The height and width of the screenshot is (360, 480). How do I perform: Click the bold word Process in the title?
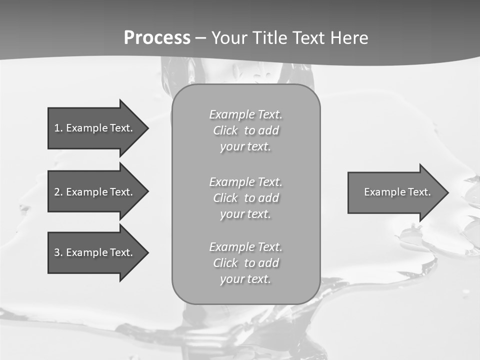coord(157,38)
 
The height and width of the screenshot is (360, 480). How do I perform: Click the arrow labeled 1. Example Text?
coord(95,128)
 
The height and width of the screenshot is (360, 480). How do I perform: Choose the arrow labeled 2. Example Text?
coord(95,192)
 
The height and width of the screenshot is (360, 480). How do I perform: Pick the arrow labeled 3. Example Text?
coord(95,252)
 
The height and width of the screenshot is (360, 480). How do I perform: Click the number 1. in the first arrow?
coord(58,128)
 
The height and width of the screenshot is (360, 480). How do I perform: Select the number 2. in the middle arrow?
coord(58,192)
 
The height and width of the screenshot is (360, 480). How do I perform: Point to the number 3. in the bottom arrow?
coord(58,252)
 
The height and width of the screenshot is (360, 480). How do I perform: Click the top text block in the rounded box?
coord(245,130)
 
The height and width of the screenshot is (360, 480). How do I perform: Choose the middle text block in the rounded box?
coord(245,198)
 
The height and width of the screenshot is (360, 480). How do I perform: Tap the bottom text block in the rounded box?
coord(245,263)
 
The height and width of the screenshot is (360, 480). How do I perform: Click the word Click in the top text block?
coord(225,130)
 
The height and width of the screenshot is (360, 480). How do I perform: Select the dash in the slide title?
coord(200,38)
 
